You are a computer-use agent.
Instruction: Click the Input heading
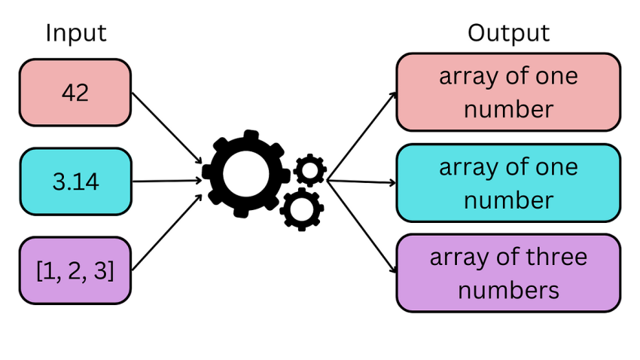76,33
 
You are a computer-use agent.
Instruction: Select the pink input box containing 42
75,93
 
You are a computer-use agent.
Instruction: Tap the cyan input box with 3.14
76,182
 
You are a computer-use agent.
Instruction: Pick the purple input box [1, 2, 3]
75,270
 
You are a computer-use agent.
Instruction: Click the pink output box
508,92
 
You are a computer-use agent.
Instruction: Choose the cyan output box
508,183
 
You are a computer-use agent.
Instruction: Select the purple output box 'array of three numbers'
508,273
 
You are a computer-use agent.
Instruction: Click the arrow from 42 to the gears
167,128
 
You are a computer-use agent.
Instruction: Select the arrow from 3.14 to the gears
167,181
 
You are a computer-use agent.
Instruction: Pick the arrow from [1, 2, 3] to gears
167,232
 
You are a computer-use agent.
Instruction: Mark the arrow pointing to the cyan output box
361,182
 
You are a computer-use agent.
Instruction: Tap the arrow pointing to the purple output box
361,226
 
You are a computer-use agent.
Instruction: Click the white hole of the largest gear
246,174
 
